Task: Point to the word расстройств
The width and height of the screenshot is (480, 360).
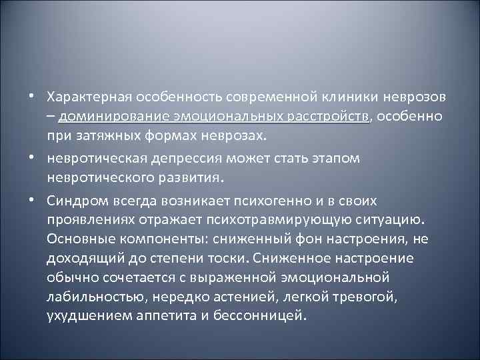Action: coord(327,117)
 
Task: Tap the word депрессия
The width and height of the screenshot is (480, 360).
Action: coord(183,160)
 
